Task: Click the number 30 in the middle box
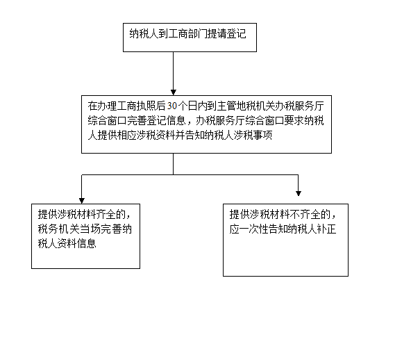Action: click(172, 106)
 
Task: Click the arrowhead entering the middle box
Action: click(174, 92)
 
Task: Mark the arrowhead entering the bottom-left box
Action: click(82, 201)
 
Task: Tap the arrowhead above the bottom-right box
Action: click(299, 193)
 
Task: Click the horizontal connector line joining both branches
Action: click(190, 174)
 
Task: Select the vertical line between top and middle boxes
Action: click(174, 71)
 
